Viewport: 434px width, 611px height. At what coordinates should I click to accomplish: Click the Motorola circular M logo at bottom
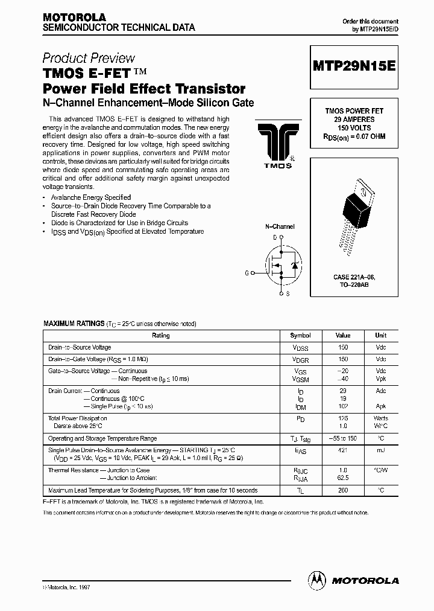pos(316,580)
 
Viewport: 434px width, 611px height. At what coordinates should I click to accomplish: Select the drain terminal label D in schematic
pos(274,238)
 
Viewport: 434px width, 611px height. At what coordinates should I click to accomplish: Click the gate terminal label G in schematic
pos(246,273)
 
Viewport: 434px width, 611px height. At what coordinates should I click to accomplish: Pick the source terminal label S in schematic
pos(287,293)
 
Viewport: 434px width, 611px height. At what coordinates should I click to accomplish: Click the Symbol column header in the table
pos(300,335)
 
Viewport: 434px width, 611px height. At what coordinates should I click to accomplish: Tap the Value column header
pos(343,335)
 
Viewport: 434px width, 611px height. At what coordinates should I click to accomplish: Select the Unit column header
pos(381,335)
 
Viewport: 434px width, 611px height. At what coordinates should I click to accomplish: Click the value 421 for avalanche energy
pos(343,450)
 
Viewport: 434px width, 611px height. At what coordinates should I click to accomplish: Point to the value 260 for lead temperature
pos(343,490)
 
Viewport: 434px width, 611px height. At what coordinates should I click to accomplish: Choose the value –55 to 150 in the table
pos(343,438)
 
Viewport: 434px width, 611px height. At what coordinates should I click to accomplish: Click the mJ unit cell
pos(381,450)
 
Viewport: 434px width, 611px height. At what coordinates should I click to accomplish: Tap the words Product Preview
pos(89,58)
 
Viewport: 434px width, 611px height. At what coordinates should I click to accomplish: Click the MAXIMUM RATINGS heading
pos(74,324)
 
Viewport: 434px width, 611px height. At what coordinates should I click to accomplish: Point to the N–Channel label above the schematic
pos(280,226)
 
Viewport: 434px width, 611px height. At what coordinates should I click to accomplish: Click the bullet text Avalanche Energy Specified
pos(91,197)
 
